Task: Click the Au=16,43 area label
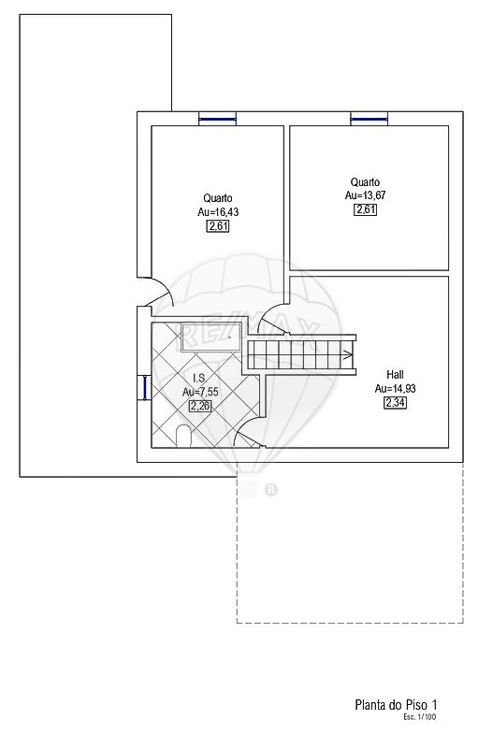[x=218, y=212]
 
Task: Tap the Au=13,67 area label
[x=365, y=195]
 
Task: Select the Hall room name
[x=395, y=375]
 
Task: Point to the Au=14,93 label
[x=395, y=388]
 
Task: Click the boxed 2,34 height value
[x=395, y=403]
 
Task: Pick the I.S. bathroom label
[x=199, y=379]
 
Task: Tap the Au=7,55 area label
[x=200, y=392]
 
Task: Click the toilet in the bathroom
[x=183, y=437]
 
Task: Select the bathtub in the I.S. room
[x=211, y=338]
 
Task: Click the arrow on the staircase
[x=348, y=354]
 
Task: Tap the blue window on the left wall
[x=144, y=387]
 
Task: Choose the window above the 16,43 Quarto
[x=217, y=119]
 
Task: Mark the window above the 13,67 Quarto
[x=369, y=119]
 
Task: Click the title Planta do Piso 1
[x=396, y=705]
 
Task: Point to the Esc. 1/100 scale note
[x=419, y=716]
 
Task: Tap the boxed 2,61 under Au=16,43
[x=218, y=226]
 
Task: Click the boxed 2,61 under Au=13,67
[x=365, y=209]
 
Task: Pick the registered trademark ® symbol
[x=270, y=490]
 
